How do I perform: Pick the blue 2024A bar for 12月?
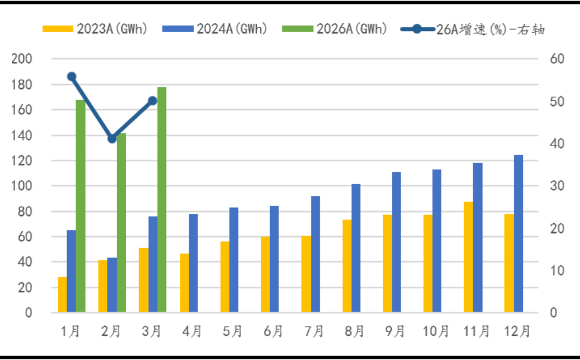[518, 233]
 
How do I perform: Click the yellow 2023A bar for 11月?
[468, 257]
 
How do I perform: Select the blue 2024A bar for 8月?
[356, 248]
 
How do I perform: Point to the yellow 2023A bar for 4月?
[184, 283]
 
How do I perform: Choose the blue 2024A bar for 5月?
[234, 260]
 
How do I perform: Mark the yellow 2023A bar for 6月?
[266, 274]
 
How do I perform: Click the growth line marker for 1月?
[72, 76]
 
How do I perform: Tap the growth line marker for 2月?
[112, 139]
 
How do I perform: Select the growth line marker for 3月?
[153, 101]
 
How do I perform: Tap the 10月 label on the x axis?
[436, 331]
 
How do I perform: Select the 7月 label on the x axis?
[314, 331]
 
